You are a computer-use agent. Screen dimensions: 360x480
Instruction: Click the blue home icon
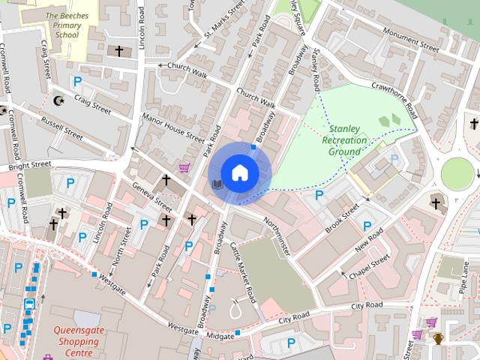(x=239, y=172)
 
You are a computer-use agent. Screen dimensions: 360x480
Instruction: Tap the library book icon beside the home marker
(x=217, y=184)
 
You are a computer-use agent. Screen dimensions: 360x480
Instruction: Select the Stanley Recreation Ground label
(x=344, y=140)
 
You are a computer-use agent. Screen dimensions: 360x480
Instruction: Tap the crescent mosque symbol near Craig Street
(x=59, y=100)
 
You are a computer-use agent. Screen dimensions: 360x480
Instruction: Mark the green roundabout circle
(x=457, y=174)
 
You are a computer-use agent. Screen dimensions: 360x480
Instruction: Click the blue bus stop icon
(x=29, y=304)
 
